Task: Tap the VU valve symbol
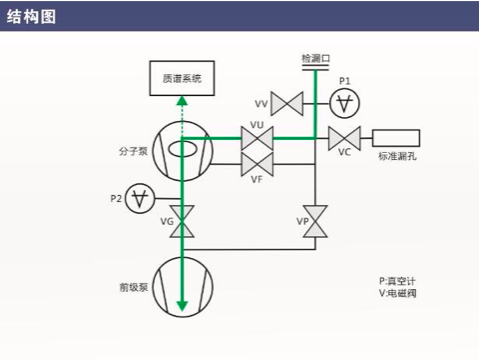(x=257, y=138)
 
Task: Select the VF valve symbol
(x=257, y=164)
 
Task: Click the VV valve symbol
(x=287, y=104)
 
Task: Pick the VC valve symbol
(x=344, y=138)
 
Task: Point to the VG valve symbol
(x=182, y=221)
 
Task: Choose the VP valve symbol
(x=315, y=221)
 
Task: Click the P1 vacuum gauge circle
(x=345, y=104)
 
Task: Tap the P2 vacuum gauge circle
(x=140, y=199)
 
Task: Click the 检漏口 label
(x=316, y=59)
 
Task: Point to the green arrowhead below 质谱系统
(x=182, y=101)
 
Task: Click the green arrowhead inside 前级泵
(x=182, y=306)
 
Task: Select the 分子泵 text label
(x=133, y=151)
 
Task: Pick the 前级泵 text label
(x=134, y=287)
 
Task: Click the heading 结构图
(x=31, y=16)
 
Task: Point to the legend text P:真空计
(x=397, y=281)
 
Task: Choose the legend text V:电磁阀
(x=397, y=293)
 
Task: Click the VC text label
(x=344, y=152)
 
